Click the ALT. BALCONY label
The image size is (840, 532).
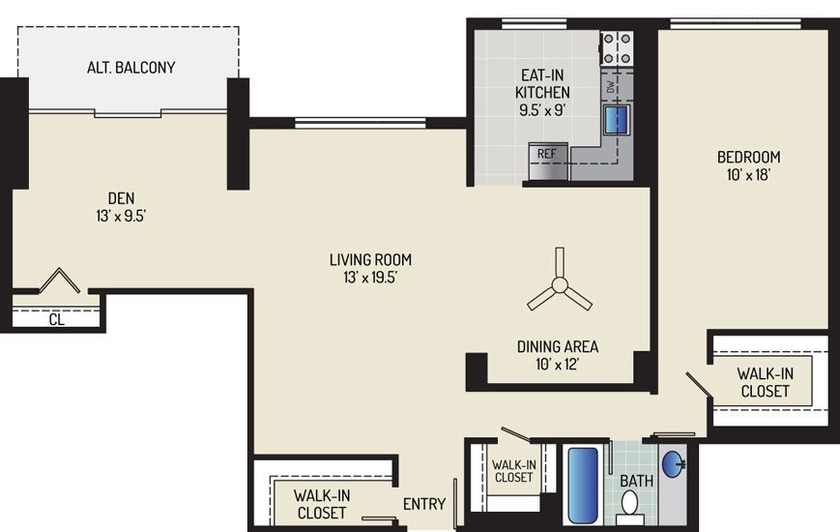click(131, 68)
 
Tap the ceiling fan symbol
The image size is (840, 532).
click(560, 284)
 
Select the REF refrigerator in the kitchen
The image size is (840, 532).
click(547, 162)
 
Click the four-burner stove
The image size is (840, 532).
click(617, 48)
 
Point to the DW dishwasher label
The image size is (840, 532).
click(611, 86)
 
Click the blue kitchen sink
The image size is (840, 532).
click(617, 120)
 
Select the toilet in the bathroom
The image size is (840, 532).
click(629, 508)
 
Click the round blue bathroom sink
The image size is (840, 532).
click(674, 464)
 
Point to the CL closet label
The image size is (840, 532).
click(57, 319)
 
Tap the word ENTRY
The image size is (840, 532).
click(424, 504)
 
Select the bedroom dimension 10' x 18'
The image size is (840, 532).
click(748, 175)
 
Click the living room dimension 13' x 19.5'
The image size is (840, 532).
click(370, 278)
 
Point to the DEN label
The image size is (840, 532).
click(121, 198)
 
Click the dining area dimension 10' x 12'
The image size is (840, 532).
click(558, 365)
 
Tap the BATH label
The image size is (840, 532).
click(637, 481)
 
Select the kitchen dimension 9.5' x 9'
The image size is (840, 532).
click(542, 110)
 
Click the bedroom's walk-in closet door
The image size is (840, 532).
click(699, 385)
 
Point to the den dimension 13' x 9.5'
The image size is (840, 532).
click(121, 216)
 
